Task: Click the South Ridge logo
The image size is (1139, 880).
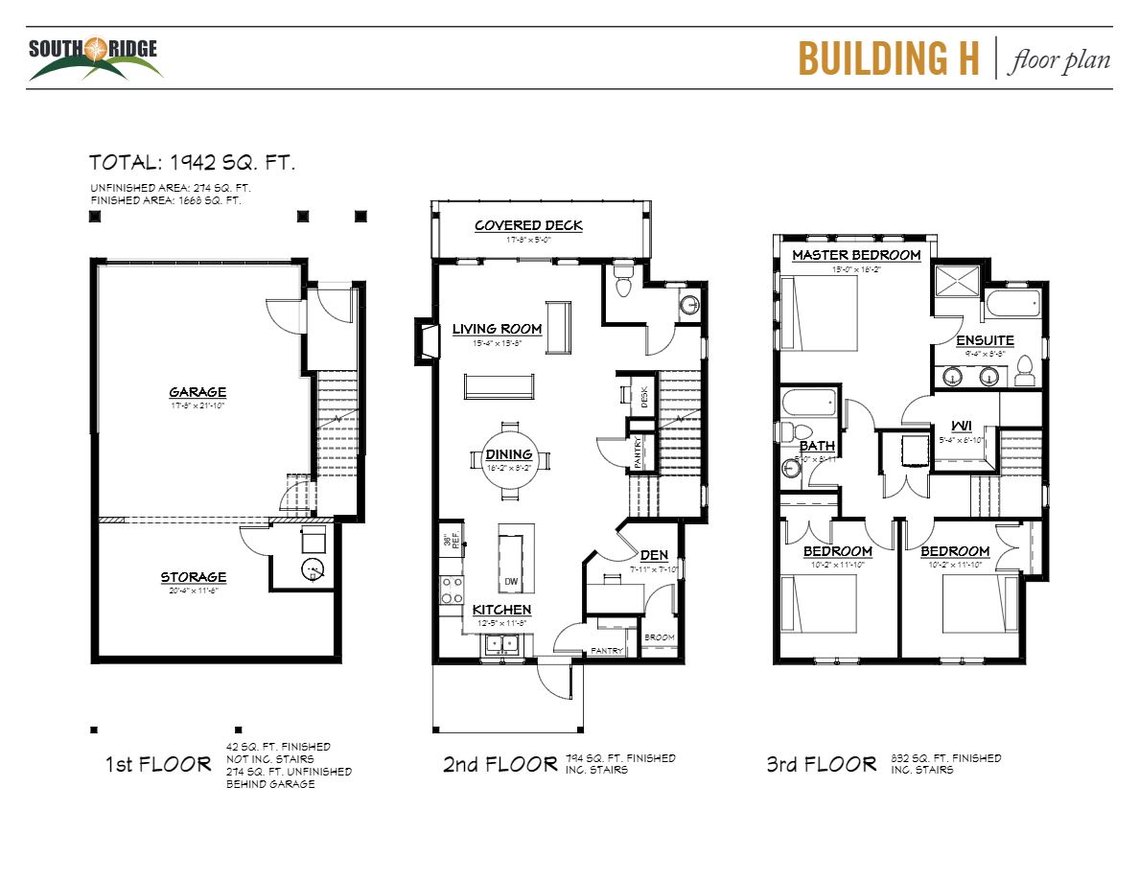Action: (93, 58)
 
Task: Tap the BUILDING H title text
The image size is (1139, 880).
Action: (889, 58)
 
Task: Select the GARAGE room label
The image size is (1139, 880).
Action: (198, 392)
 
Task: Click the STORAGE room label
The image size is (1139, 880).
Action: (194, 577)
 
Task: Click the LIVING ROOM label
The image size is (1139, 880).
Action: (497, 329)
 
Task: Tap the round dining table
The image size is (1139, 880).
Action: (510, 461)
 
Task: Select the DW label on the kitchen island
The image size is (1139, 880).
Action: (511, 582)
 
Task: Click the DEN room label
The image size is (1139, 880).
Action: (654, 555)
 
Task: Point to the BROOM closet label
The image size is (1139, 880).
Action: (659, 637)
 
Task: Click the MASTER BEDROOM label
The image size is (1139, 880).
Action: (856, 255)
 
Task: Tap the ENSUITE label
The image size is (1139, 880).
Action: (985, 340)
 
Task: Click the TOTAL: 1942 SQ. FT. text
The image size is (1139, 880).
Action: (192, 162)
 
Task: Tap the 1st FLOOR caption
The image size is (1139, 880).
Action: (157, 764)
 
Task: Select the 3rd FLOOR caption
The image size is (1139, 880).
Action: (821, 764)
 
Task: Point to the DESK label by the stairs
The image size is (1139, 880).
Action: (644, 395)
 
